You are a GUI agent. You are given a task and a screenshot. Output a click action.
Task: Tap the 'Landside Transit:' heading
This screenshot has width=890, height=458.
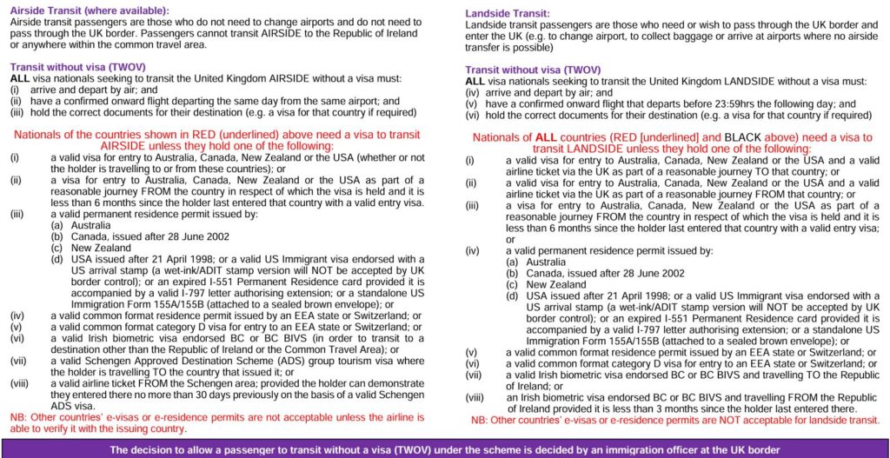click(x=507, y=14)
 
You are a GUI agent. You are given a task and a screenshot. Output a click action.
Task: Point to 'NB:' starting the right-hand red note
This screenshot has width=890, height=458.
click(x=481, y=420)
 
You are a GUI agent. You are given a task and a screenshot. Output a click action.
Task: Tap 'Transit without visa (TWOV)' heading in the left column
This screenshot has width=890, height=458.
click(x=77, y=67)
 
